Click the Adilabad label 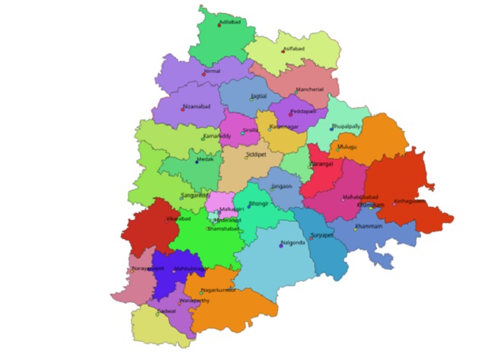(x=231, y=23)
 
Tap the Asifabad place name (x=294, y=48)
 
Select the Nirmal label (x=212, y=71)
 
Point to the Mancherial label (x=311, y=89)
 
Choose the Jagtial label (x=259, y=96)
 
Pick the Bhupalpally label (x=346, y=126)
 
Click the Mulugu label (x=349, y=147)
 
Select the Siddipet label (x=257, y=155)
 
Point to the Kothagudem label (x=408, y=202)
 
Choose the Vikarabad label (x=179, y=218)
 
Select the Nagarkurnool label (x=219, y=289)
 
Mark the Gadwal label (x=166, y=311)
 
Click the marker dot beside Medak (x=196, y=162)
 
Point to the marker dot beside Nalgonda (x=280, y=246)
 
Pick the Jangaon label (x=282, y=186)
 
